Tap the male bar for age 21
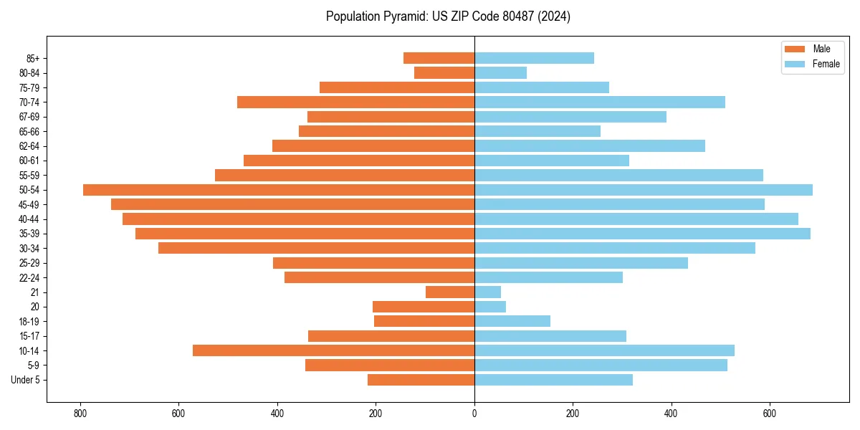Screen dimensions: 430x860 coord(450,292)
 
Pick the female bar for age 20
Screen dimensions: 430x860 coord(490,307)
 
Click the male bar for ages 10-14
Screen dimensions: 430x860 coord(333,350)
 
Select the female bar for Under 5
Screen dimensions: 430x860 coord(553,380)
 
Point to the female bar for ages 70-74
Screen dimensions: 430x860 coord(599,102)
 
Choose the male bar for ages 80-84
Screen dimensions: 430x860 coord(444,72)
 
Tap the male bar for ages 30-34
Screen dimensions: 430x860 coord(316,248)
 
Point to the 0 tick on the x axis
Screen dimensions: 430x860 coord(474,413)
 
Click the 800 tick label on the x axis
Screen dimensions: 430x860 coord(80,413)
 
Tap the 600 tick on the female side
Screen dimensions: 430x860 coord(769,413)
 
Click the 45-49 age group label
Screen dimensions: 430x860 coord(29,204)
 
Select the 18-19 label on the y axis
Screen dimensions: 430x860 coord(29,321)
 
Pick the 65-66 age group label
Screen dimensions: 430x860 coord(29,131)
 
